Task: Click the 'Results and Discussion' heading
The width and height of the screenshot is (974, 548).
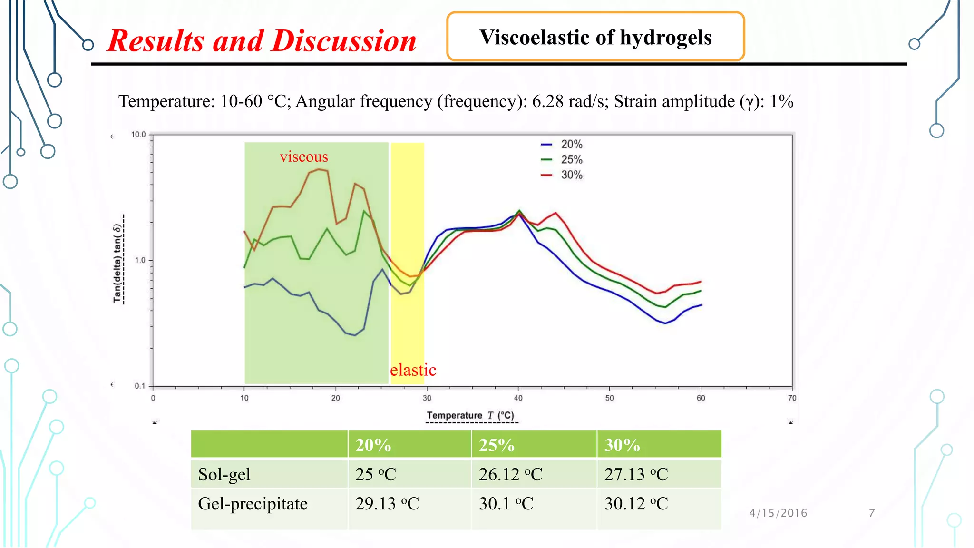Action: click(262, 41)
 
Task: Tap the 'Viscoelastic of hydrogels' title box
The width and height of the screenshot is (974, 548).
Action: click(595, 37)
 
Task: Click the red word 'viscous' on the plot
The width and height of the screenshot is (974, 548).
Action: click(304, 157)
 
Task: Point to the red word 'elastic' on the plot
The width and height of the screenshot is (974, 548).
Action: click(413, 370)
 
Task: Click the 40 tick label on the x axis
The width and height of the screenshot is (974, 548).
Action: click(518, 398)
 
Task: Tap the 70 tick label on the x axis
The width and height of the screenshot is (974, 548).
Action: click(792, 398)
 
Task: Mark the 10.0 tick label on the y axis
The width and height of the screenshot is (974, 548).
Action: click(138, 135)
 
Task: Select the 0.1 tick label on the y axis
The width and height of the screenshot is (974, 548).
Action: click(140, 386)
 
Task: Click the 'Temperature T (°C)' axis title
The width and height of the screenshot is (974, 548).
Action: click(470, 415)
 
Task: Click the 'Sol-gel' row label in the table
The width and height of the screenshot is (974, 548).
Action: click(224, 474)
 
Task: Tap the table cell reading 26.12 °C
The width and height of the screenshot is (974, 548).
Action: click(510, 474)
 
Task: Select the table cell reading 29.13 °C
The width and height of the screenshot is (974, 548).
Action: click(387, 503)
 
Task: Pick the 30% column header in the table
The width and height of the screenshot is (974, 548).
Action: click(622, 445)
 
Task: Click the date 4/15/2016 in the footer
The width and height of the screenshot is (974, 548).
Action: click(778, 513)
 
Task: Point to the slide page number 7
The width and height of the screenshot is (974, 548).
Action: click(872, 513)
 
